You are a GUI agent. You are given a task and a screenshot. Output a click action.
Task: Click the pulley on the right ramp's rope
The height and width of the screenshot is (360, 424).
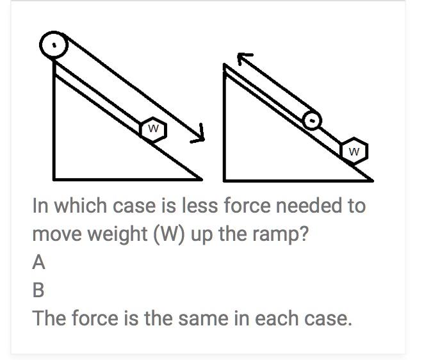point(311,119)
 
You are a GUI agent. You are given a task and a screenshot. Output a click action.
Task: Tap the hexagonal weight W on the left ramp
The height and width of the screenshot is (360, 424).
point(154,128)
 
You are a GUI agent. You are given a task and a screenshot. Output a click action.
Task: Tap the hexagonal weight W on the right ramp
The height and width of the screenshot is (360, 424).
point(355,151)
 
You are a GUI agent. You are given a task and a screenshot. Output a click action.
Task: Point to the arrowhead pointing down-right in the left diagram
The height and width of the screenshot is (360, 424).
point(200,134)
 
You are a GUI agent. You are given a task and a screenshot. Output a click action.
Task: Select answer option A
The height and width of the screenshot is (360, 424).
point(39,262)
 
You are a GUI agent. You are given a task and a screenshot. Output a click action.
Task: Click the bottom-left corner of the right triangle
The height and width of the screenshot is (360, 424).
point(225,178)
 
